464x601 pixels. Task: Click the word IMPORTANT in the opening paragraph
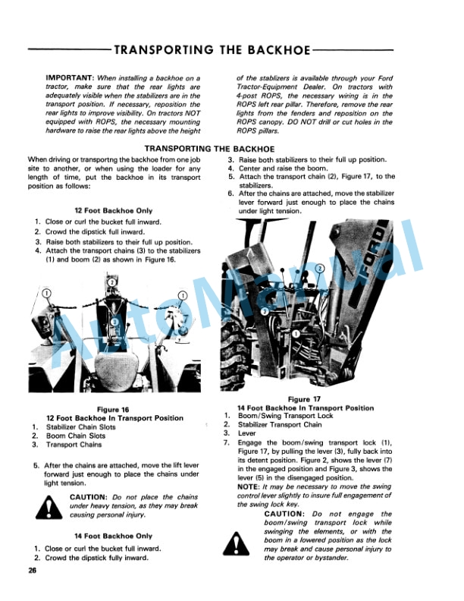pos(70,77)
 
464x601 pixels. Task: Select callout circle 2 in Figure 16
pos(112,282)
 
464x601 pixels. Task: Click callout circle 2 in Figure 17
pos(320,269)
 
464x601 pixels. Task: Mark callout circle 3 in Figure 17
pos(265,312)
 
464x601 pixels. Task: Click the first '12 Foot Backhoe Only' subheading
pos(113,210)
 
